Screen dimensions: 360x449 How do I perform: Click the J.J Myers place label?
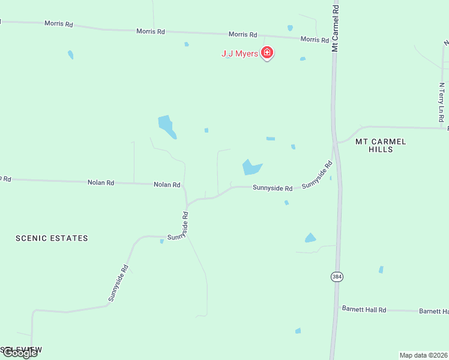coord(240,54)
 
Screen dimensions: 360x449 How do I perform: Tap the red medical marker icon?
coord(267,53)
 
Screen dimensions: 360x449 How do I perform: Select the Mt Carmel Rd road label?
coord(336,28)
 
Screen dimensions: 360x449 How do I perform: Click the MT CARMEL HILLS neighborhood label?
coord(381,145)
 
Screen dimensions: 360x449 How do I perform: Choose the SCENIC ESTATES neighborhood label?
coord(52,238)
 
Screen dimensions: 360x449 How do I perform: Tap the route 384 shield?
coord(336,277)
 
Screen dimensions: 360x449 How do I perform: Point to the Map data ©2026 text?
coord(423,355)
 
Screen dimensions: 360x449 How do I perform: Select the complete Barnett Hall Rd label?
coord(364,310)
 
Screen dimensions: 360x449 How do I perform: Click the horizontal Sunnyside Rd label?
coord(273,188)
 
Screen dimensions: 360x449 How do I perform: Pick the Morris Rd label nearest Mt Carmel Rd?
coord(315,40)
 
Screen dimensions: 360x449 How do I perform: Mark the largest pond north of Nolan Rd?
coord(167,126)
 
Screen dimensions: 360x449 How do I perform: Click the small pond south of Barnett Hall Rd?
coord(298,331)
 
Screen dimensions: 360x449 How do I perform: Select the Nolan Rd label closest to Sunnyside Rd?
coord(167,185)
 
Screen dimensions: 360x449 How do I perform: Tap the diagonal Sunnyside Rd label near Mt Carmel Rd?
coord(317,175)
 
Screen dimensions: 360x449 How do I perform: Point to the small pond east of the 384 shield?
coord(381,269)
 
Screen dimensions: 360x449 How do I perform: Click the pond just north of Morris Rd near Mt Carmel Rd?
coord(290,28)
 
